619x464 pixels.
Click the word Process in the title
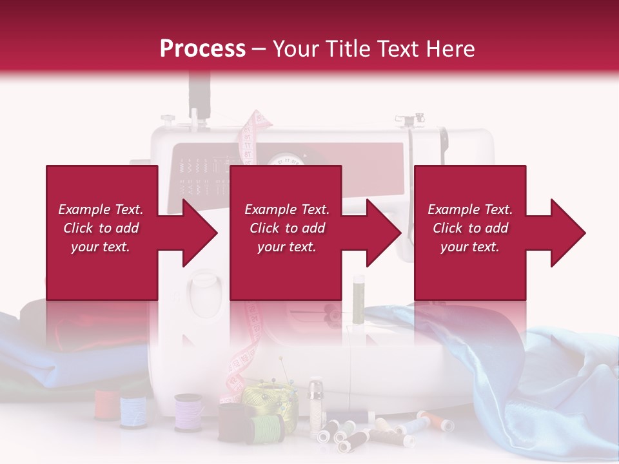click(x=202, y=49)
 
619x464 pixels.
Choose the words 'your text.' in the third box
click(x=469, y=247)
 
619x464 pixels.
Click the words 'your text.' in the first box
click(x=101, y=247)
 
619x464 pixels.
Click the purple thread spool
click(x=188, y=412)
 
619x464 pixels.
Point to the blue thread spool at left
click(x=133, y=411)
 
